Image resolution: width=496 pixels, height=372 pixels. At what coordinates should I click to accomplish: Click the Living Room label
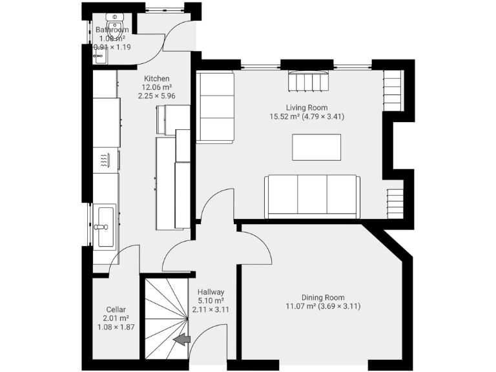(307, 108)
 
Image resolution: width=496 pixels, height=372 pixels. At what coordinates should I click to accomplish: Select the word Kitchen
(157, 79)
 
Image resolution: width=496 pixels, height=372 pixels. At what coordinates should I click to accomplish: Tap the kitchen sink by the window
(103, 226)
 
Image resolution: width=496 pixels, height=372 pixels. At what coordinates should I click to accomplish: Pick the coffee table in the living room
(316, 146)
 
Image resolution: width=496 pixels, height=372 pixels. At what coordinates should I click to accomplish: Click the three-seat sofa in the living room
(312, 196)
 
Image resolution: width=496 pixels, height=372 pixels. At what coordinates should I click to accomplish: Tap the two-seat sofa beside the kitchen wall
(214, 107)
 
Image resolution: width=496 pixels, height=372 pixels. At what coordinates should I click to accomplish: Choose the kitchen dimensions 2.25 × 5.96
(157, 96)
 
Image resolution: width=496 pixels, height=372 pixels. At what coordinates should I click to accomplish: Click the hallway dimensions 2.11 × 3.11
(211, 309)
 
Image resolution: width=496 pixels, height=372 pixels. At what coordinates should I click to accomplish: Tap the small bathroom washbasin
(99, 56)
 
